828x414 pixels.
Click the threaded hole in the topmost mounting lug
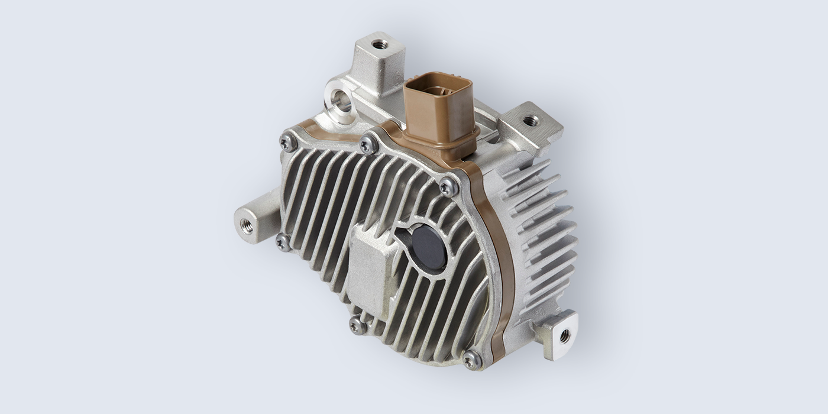pyautogui.click(x=380, y=44)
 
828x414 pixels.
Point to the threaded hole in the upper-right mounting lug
pyautogui.click(x=531, y=121)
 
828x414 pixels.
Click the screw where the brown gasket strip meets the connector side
pyautogui.click(x=368, y=144)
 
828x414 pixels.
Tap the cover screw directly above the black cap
pyautogui.click(x=448, y=187)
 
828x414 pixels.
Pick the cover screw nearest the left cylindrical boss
pyautogui.click(x=283, y=241)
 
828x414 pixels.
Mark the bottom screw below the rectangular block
pyautogui.click(x=357, y=325)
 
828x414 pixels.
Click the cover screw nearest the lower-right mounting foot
pyautogui.click(x=471, y=359)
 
